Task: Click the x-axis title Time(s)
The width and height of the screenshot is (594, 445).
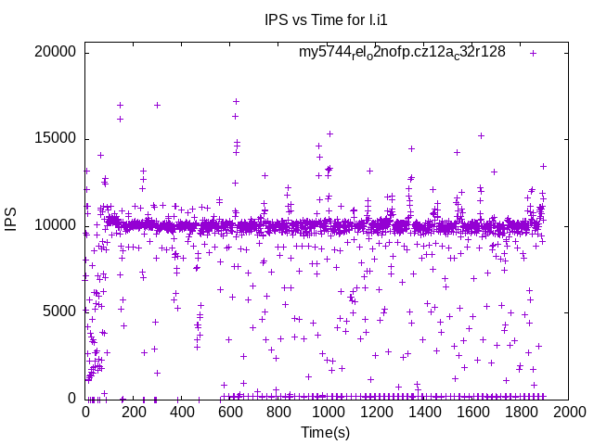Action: (x=326, y=432)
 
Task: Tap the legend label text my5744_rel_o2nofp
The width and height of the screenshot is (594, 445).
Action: (x=402, y=52)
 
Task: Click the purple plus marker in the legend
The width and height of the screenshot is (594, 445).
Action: (x=534, y=53)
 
